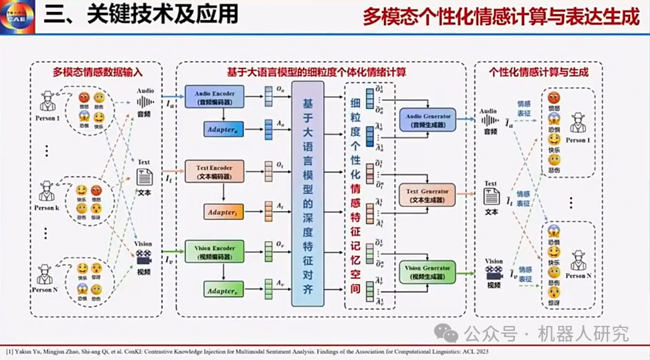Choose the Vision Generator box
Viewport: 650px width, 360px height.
click(427, 271)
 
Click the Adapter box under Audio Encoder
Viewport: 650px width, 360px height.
click(224, 131)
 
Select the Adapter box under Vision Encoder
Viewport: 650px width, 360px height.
click(224, 290)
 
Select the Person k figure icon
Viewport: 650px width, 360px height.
click(48, 189)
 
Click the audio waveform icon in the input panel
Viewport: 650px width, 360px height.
click(145, 102)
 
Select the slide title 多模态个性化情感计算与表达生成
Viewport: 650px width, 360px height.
click(500, 16)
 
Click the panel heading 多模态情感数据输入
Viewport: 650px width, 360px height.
click(97, 72)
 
